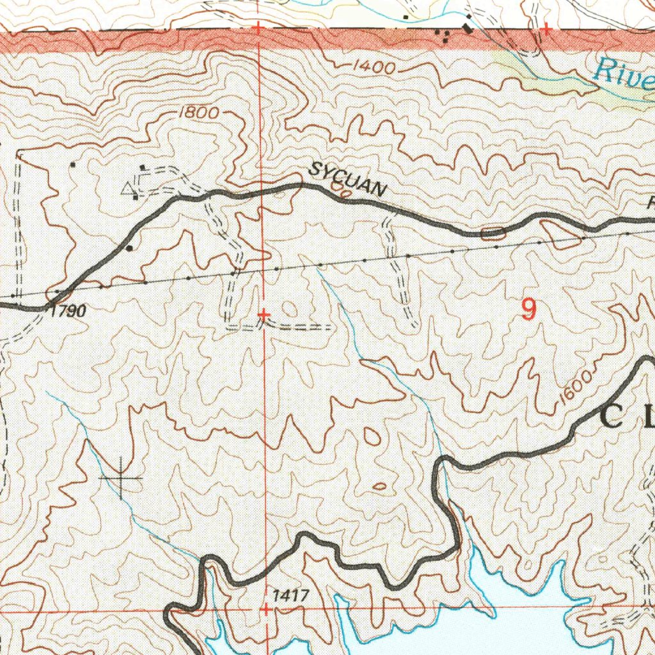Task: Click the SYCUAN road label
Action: (348, 180)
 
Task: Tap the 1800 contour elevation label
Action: (199, 113)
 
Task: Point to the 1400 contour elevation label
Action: (375, 67)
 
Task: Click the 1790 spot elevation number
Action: (67, 312)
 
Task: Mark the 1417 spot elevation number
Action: (290, 596)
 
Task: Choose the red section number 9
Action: (528, 310)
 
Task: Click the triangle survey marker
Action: (129, 188)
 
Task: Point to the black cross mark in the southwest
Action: (120, 478)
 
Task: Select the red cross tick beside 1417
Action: (265, 610)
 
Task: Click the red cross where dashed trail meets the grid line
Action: (264, 315)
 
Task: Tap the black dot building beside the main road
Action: (130, 248)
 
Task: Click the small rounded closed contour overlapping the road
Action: (492, 233)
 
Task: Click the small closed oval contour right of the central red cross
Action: (290, 309)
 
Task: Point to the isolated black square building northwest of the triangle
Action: (73, 165)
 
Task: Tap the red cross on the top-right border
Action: (546, 29)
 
